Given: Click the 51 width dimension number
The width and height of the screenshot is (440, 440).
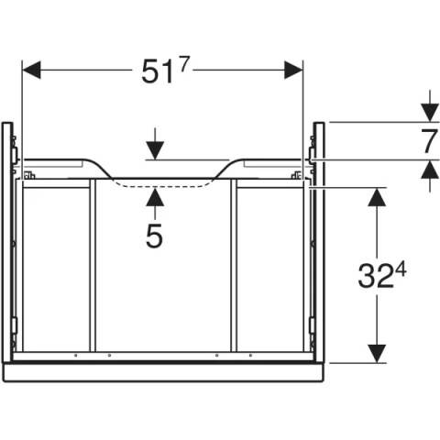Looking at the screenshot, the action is click(x=158, y=72).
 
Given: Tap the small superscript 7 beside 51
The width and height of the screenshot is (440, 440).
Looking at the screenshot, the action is click(x=182, y=65).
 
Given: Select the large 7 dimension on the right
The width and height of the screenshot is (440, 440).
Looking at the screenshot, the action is click(x=429, y=141).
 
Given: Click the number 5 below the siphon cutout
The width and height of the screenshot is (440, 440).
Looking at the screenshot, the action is click(x=154, y=236).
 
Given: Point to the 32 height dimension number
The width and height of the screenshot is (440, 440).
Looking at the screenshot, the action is click(x=375, y=277).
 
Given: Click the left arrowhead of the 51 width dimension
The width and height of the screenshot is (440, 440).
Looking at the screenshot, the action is click(x=31, y=70).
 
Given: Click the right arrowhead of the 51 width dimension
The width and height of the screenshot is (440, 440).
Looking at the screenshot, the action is click(x=293, y=70).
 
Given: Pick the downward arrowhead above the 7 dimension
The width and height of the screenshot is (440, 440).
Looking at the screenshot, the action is click(x=430, y=113).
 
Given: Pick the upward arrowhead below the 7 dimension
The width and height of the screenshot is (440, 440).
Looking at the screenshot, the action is click(x=430, y=170).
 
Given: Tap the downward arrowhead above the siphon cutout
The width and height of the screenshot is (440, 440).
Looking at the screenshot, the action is click(x=155, y=150).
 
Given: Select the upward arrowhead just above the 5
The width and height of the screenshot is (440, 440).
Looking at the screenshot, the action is click(x=155, y=197).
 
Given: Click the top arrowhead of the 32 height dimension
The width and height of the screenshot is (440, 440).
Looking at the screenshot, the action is click(x=377, y=197).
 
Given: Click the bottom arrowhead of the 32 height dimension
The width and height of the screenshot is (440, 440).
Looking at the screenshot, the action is click(x=377, y=354).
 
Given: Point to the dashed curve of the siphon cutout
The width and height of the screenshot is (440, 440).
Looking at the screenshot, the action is click(x=163, y=187).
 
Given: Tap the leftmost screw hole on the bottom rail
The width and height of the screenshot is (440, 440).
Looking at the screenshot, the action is click(x=76, y=356).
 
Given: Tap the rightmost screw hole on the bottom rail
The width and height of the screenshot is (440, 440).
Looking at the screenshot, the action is click(x=250, y=356).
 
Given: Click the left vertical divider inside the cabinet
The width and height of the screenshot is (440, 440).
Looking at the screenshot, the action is click(x=93, y=265).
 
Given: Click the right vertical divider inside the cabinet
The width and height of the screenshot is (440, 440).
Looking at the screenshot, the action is click(x=234, y=265).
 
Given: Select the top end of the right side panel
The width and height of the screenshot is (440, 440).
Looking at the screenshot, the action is click(x=319, y=123).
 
